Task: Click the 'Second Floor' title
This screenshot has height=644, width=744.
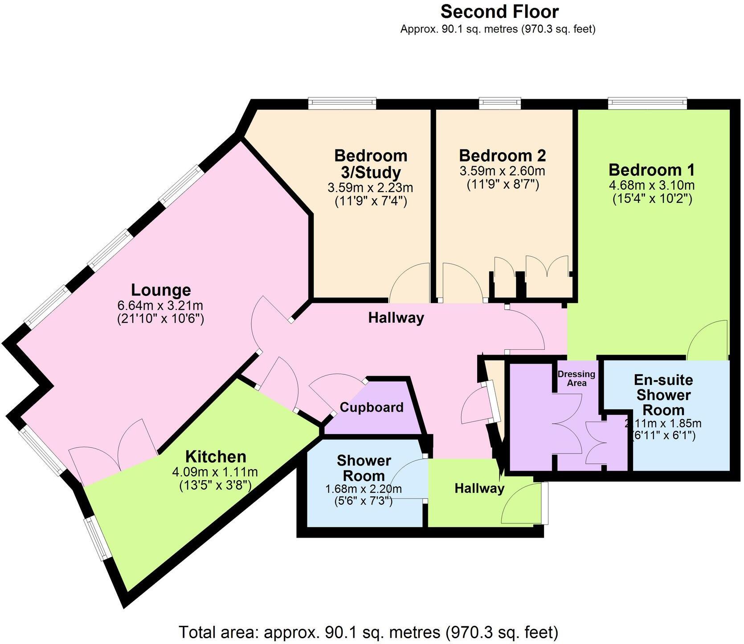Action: click(x=499, y=12)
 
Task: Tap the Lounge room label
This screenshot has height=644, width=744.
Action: click(x=161, y=290)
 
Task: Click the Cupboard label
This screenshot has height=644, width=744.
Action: click(x=372, y=407)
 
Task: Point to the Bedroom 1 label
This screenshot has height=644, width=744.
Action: click(x=652, y=170)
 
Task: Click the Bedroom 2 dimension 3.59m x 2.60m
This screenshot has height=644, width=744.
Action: click(x=502, y=170)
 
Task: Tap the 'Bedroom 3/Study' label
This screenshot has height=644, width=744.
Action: click(x=371, y=164)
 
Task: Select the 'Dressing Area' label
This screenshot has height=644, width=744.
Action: click(x=576, y=378)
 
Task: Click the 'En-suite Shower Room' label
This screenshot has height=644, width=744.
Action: click(x=663, y=395)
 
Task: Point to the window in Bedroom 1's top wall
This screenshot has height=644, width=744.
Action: click(x=647, y=103)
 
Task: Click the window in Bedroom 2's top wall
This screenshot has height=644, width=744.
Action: click(x=500, y=103)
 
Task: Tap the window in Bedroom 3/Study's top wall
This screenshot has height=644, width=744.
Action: click(x=343, y=103)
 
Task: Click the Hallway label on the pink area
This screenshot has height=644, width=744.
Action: click(x=396, y=318)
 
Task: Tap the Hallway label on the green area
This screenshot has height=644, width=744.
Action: click(x=479, y=489)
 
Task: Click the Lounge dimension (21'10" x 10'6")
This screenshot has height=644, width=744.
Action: click(x=161, y=319)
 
